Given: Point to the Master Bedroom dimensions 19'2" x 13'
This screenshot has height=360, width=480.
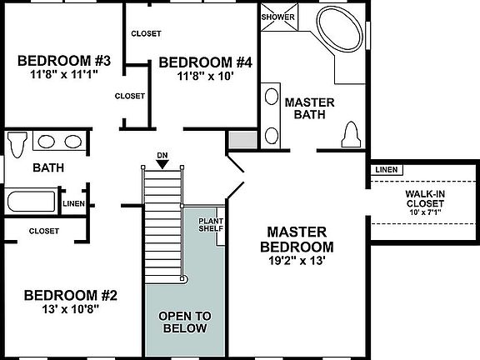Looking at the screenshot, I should tap(297, 260).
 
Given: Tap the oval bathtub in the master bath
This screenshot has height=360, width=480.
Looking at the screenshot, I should tap(340, 31).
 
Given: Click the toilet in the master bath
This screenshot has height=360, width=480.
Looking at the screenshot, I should tap(351, 133).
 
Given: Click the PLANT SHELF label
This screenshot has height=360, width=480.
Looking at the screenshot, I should tap(208, 225).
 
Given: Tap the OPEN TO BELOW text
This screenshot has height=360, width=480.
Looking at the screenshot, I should tap(185, 322).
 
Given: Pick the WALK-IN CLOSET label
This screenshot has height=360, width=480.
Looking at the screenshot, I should tap(424, 197).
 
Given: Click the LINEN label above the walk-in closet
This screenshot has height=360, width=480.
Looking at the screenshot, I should tap(387, 170).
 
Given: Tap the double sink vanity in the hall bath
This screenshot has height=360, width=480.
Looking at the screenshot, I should tap(58, 142).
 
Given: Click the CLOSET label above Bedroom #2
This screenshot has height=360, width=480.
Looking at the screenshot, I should tap(43, 231).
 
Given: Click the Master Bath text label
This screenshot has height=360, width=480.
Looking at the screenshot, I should tap(309, 109).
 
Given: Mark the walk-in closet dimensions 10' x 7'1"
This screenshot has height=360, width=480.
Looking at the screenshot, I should tap(424, 211).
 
